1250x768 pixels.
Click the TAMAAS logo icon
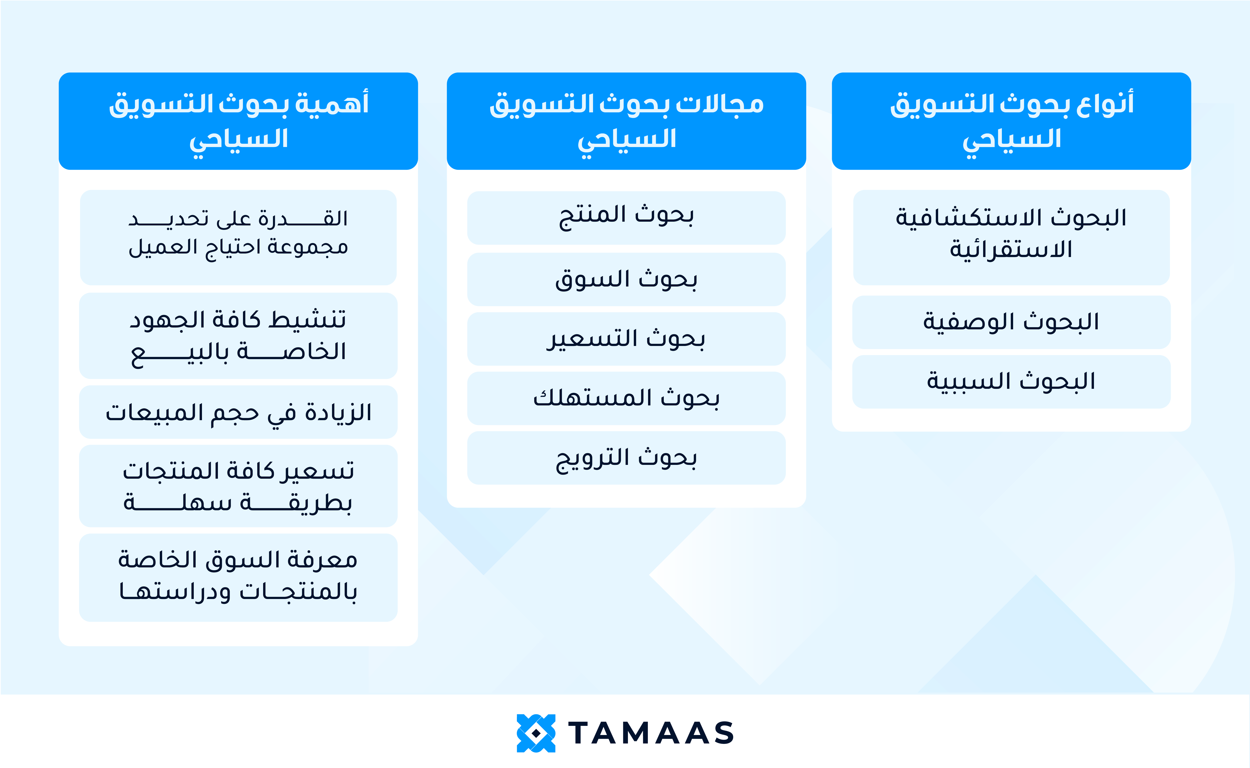(536, 733)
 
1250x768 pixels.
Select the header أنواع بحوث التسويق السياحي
(1011, 121)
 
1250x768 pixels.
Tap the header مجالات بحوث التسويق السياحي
(626, 121)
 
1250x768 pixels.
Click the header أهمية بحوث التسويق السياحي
(239, 121)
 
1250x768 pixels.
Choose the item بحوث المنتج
(626, 217)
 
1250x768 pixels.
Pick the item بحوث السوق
(626, 279)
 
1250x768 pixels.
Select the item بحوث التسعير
(626, 339)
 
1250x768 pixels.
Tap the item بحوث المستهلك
(626, 398)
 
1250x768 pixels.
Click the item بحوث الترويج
(626, 458)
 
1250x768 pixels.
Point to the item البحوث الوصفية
(1011, 322)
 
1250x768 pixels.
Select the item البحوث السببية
(1011, 382)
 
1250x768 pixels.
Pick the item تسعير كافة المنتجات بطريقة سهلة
(239, 486)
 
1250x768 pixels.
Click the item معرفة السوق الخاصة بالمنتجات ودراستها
(239, 577)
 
